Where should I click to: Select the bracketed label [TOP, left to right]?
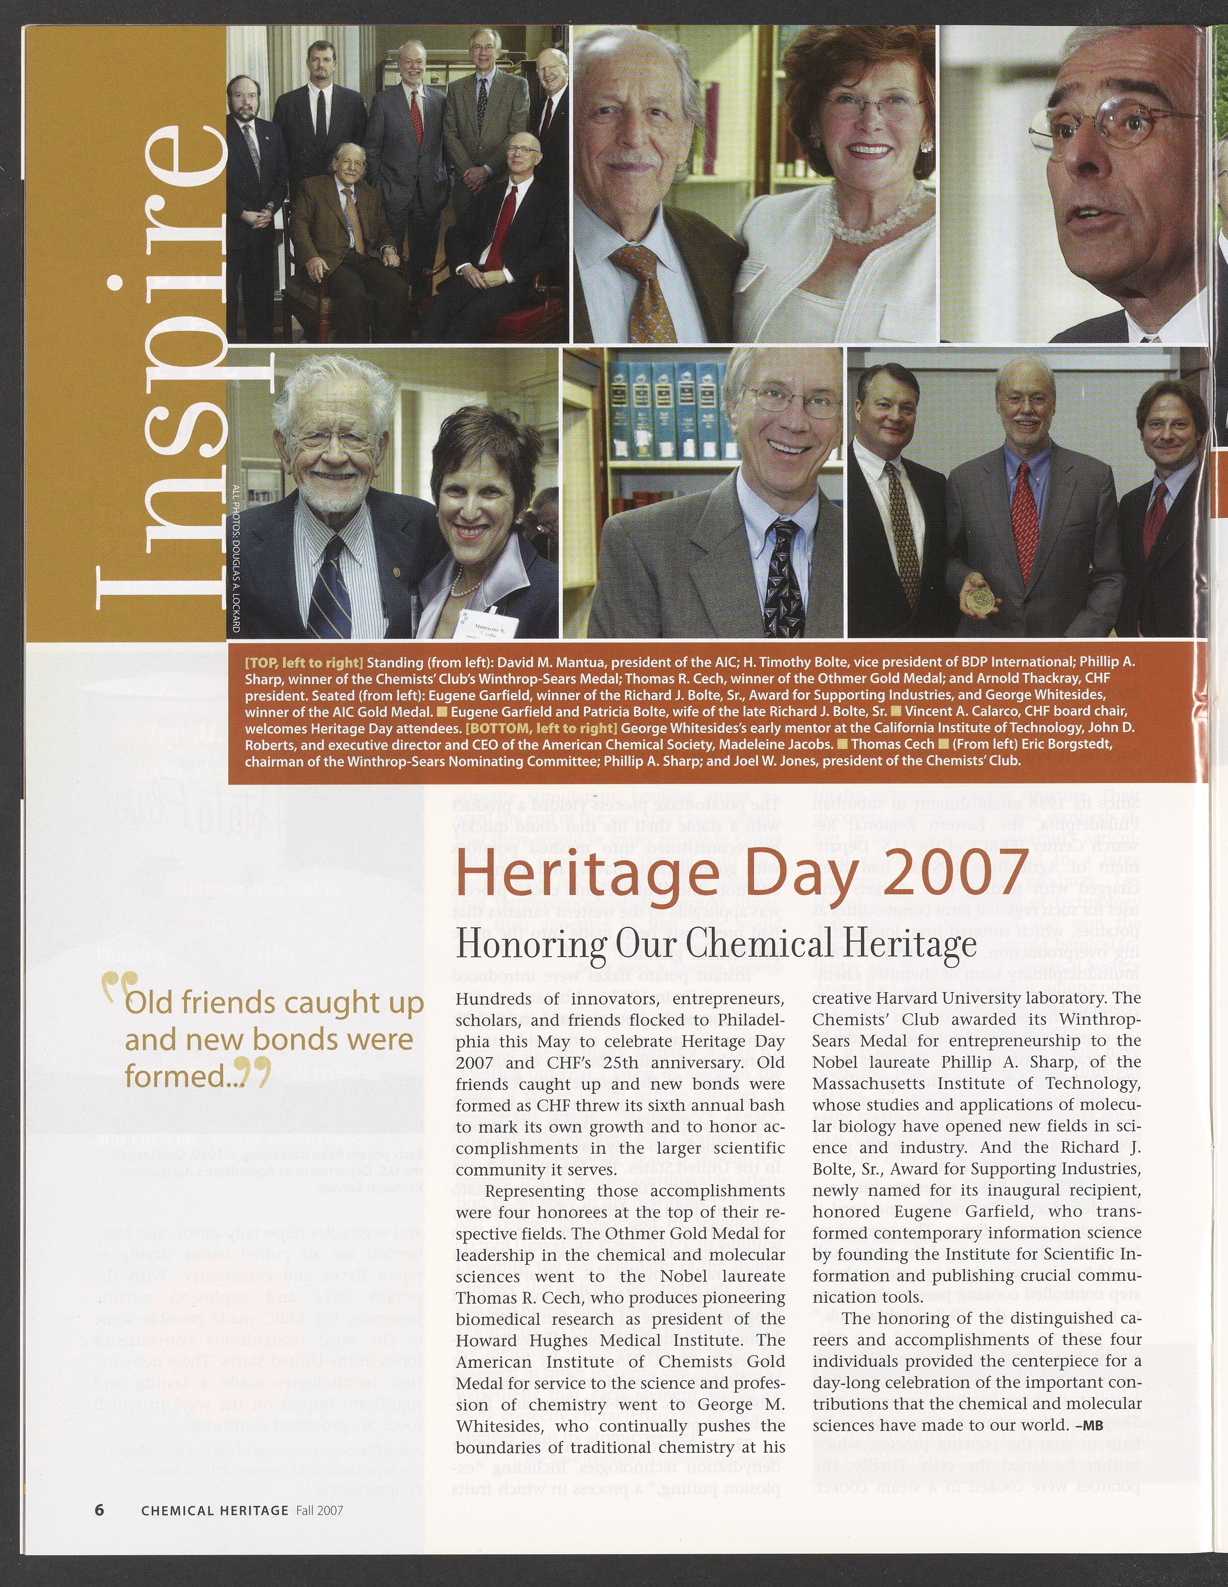304,663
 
